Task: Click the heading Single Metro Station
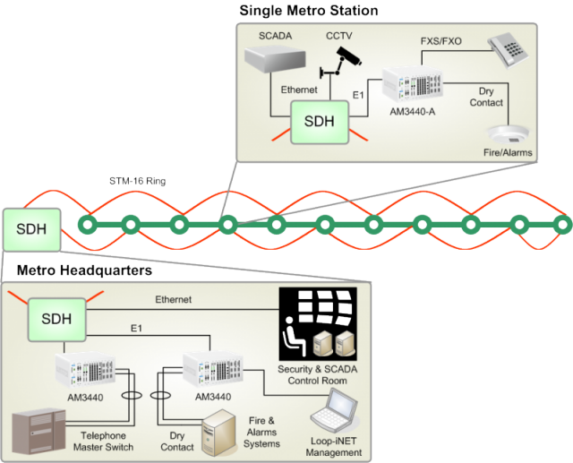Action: pyautogui.click(x=308, y=11)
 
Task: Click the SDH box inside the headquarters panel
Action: pyautogui.click(x=55, y=317)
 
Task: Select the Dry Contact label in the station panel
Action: pyautogui.click(x=487, y=107)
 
